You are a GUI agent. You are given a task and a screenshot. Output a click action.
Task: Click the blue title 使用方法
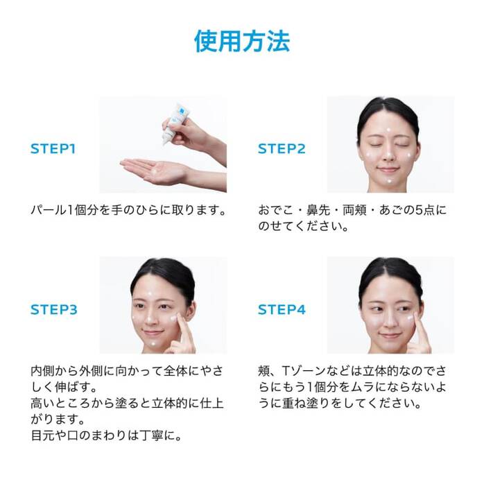242,41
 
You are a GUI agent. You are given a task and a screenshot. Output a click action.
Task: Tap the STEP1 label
53,149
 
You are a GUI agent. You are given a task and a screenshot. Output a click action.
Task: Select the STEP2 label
282,149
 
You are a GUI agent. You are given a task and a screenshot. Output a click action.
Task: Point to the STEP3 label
54,309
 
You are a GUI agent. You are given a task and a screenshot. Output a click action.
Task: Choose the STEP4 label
282,309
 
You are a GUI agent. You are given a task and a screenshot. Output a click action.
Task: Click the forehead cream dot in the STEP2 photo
389,130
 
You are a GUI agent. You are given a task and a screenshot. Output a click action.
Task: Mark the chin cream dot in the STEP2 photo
389,181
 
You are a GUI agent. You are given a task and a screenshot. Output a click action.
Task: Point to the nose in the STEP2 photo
388,155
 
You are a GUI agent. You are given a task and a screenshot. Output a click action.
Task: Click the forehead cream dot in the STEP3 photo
150,293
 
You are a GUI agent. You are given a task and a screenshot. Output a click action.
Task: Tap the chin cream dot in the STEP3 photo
153,343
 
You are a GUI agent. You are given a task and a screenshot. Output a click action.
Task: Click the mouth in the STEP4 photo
389,335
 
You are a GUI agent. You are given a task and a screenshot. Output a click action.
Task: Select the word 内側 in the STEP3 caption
42,371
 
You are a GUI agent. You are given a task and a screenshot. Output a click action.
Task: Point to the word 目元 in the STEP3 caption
42,435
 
